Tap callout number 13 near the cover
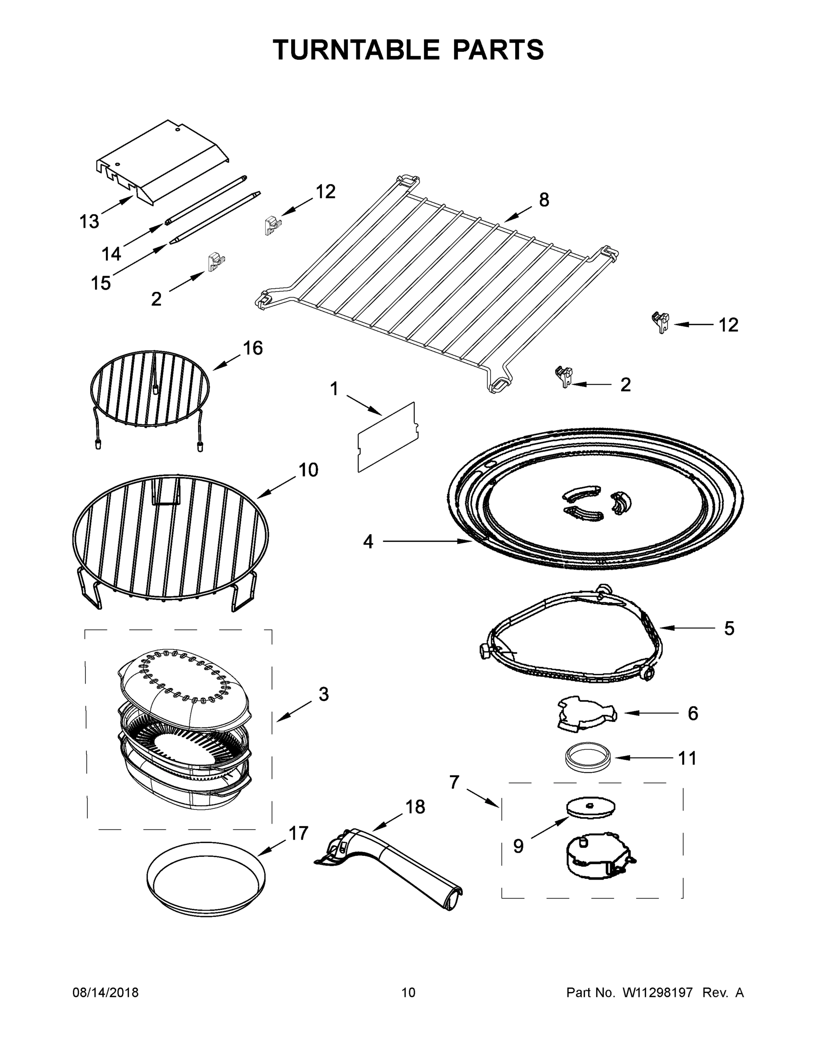(89, 221)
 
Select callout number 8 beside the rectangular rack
(544, 200)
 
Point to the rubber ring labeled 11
(588, 757)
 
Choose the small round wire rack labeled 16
(150, 389)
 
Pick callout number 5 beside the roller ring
(729, 629)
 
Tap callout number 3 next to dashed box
(323, 695)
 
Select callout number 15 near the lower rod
(101, 283)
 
